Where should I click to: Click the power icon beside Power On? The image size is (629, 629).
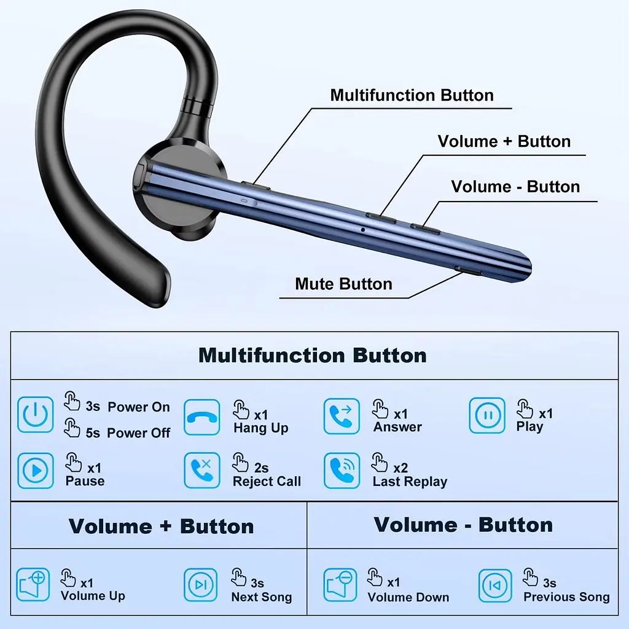(35, 415)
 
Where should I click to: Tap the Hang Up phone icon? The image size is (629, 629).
(201, 417)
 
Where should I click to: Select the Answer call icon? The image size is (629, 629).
(342, 416)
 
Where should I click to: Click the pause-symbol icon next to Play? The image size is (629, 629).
(487, 415)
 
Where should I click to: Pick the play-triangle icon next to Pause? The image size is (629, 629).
(36, 471)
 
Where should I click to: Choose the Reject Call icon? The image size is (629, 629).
(202, 470)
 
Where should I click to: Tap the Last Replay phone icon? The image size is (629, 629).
(342, 471)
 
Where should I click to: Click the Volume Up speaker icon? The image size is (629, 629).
(33, 585)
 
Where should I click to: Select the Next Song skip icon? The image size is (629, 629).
(201, 585)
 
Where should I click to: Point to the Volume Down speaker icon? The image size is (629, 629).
(340, 585)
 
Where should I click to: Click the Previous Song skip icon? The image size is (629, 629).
(495, 585)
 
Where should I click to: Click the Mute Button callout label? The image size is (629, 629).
(344, 284)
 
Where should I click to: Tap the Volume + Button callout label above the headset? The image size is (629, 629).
(504, 141)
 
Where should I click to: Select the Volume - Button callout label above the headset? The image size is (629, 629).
(515, 187)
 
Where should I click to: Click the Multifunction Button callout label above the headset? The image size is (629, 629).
(412, 95)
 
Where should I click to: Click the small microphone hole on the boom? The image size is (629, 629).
(362, 230)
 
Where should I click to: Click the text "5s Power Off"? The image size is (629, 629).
(128, 433)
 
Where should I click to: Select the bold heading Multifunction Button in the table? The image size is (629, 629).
(313, 356)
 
